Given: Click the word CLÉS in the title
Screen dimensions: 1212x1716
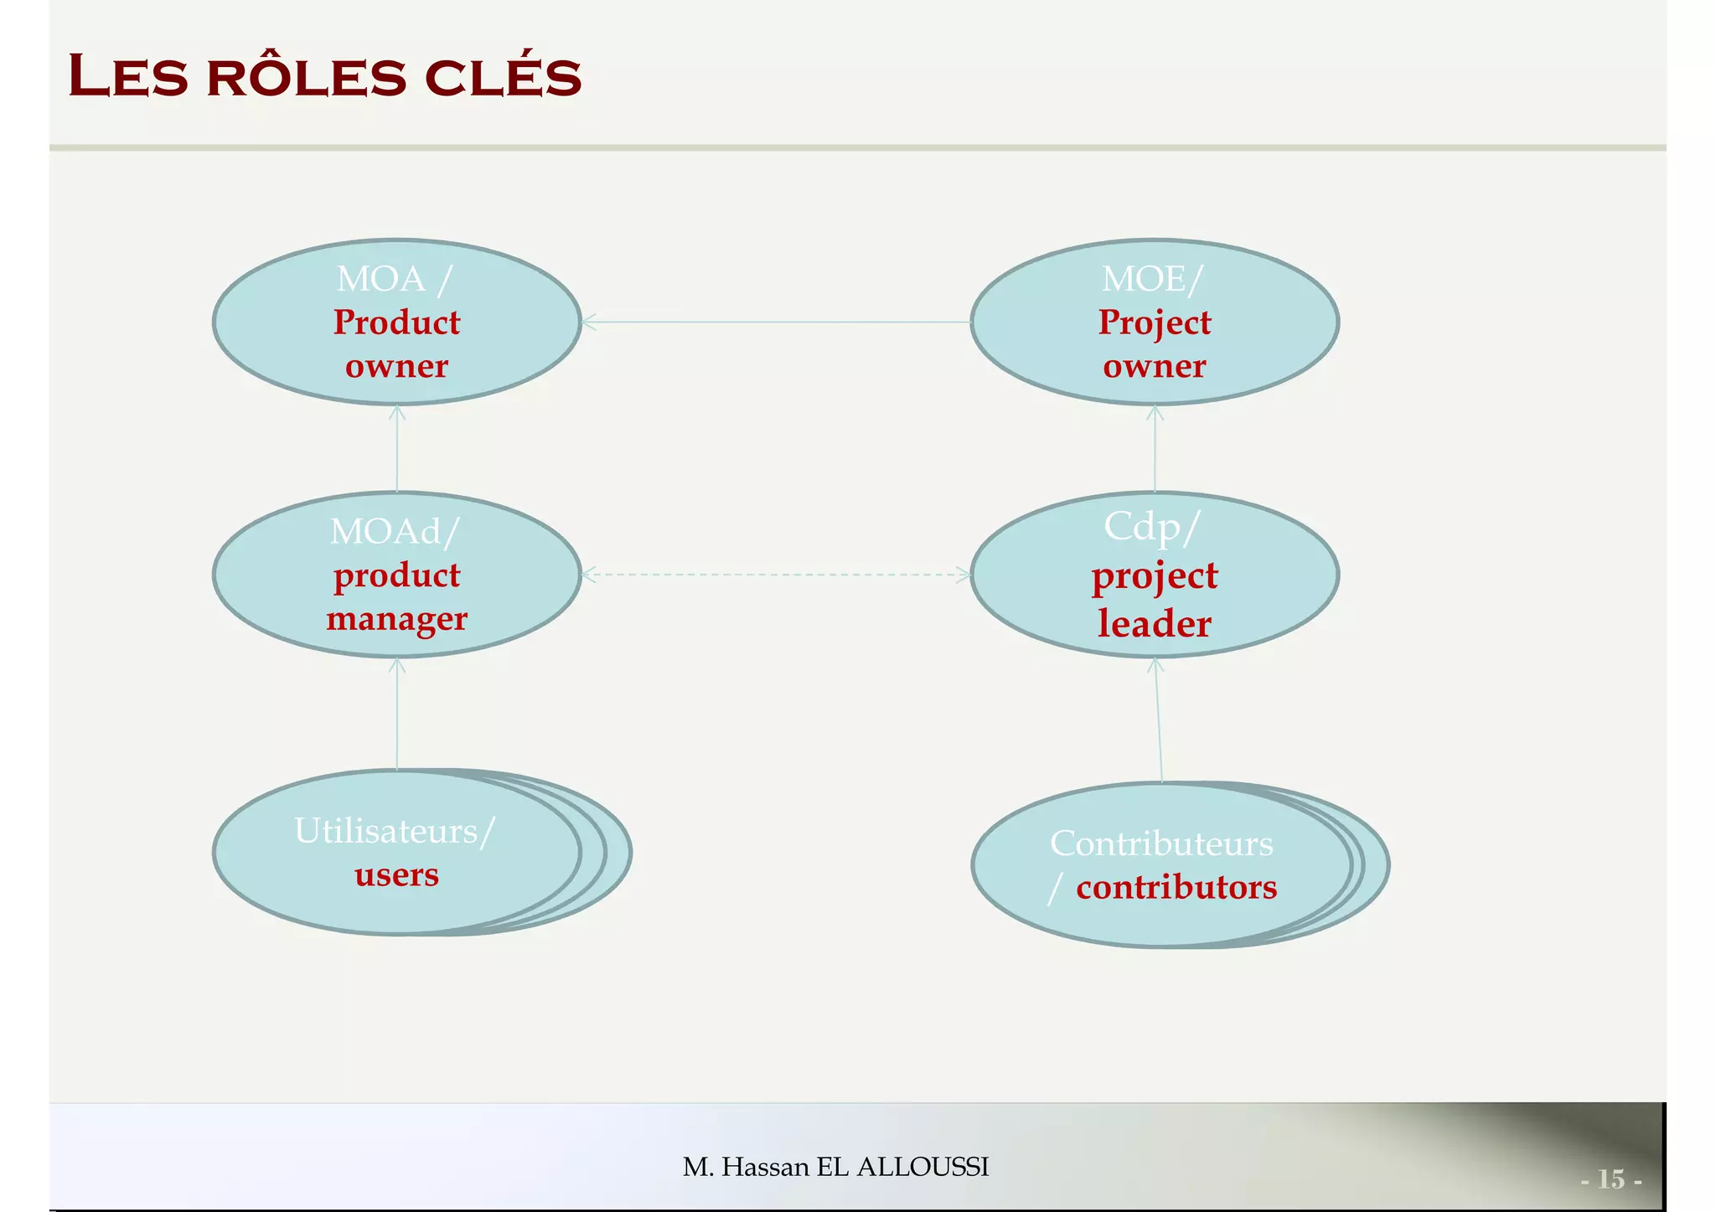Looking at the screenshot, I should click(x=503, y=77).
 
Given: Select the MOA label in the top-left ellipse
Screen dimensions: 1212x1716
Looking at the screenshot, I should click(x=380, y=279).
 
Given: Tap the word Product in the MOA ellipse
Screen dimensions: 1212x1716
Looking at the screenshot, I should click(x=396, y=322).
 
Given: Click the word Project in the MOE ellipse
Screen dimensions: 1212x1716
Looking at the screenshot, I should click(x=1154, y=322).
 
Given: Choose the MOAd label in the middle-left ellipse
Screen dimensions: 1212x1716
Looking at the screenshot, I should click(x=385, y=532).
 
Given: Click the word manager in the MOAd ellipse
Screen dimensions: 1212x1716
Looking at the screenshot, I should click(x=396, y=619).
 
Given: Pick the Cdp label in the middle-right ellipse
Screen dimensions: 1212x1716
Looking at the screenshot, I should click(x=1141, y=527).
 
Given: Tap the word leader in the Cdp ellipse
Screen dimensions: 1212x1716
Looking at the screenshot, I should click(x=1154, y=624).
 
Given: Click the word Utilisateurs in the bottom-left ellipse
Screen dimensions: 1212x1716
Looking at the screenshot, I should click(x=385, y=831).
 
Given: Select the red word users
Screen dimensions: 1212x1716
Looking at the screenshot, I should click(x=396, y=874).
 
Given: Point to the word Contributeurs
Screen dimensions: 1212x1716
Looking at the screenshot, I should click(x=1161, y=843).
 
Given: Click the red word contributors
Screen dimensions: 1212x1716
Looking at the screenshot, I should click(x=1176, y=887).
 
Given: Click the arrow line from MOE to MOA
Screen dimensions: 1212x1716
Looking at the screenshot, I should click(x=776, y=322).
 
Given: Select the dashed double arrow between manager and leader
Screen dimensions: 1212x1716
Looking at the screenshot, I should click(x=776, y=575).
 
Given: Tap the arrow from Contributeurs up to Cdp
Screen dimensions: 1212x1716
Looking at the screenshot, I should click(x=1158, y=720).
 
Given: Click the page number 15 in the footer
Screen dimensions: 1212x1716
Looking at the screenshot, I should click(x=1610, y=1178).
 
